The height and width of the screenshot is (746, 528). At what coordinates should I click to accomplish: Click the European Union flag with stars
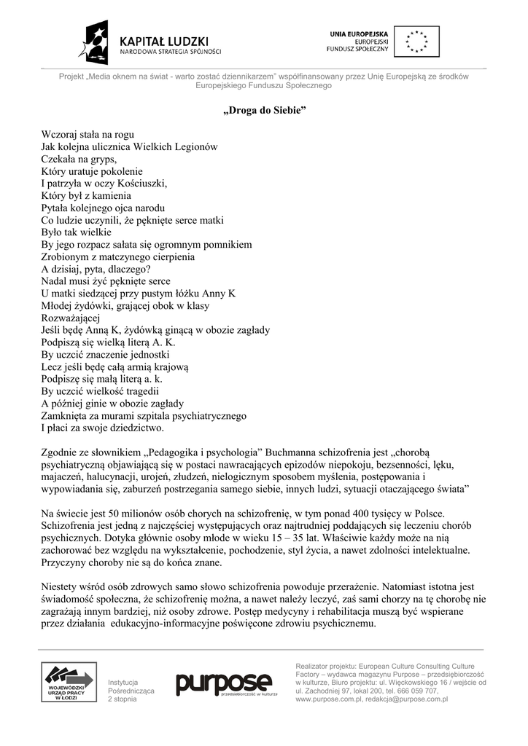click(417, 41)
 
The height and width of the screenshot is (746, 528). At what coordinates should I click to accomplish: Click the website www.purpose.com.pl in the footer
click(329, 699)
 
